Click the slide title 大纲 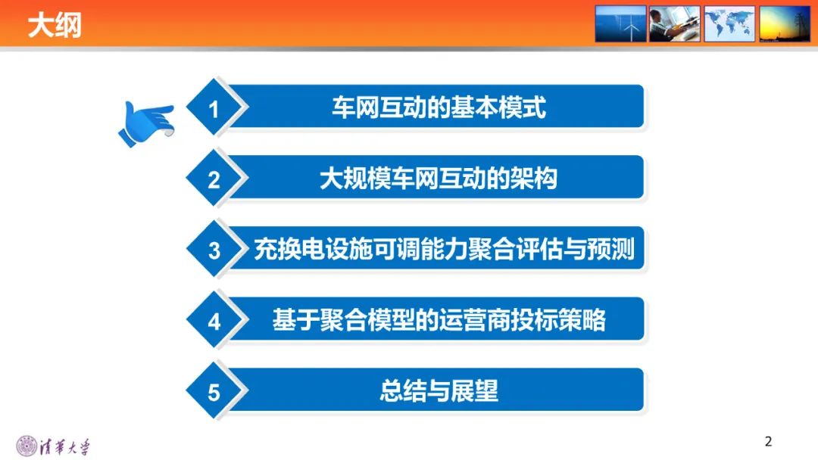tap(55, 26)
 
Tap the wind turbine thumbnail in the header tap(620, 23)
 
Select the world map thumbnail tap(729, 23)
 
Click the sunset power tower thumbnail tap(785, 23)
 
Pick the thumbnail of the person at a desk tap(675, 23)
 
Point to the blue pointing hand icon tap(147, 122)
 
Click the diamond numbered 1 tap(214, 110)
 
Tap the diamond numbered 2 tap(214, 180)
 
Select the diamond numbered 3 tap(214, 250)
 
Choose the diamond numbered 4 tap(214, 322)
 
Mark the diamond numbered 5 tap(214, 392)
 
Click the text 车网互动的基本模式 tap(439, 107)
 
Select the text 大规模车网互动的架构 tap(439, 179)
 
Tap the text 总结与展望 tap(439, 391)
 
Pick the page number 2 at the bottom tap(768, 441)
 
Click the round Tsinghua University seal tap(27, 446)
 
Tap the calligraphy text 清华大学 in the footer tap(64, 446)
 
